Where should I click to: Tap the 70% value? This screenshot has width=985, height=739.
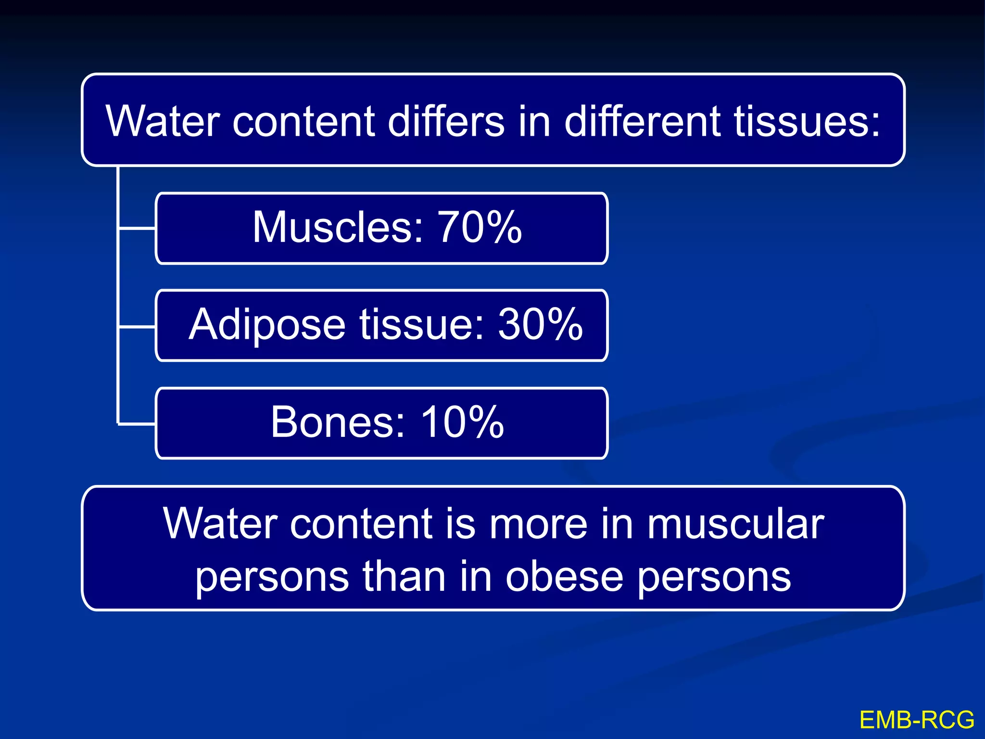[x=479, y=227]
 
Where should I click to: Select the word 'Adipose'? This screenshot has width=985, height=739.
[x=267, y=325]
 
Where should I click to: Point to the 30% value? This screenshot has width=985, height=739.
[x=540, y=325]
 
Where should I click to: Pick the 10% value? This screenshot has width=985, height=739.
[x=462, y=422]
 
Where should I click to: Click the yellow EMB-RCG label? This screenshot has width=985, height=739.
[x=917, y=720]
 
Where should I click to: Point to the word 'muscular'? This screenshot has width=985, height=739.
[x=735, y=524]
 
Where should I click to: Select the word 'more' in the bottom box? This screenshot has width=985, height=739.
[x=538, y=524]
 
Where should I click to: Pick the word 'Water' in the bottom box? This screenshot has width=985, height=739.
[x=220, y=524]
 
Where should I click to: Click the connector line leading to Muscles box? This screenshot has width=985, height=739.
[x=137, y=228]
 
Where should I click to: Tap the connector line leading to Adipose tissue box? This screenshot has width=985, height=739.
[x=137, y=327]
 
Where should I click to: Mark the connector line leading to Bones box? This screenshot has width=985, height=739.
[x=137, y=424]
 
